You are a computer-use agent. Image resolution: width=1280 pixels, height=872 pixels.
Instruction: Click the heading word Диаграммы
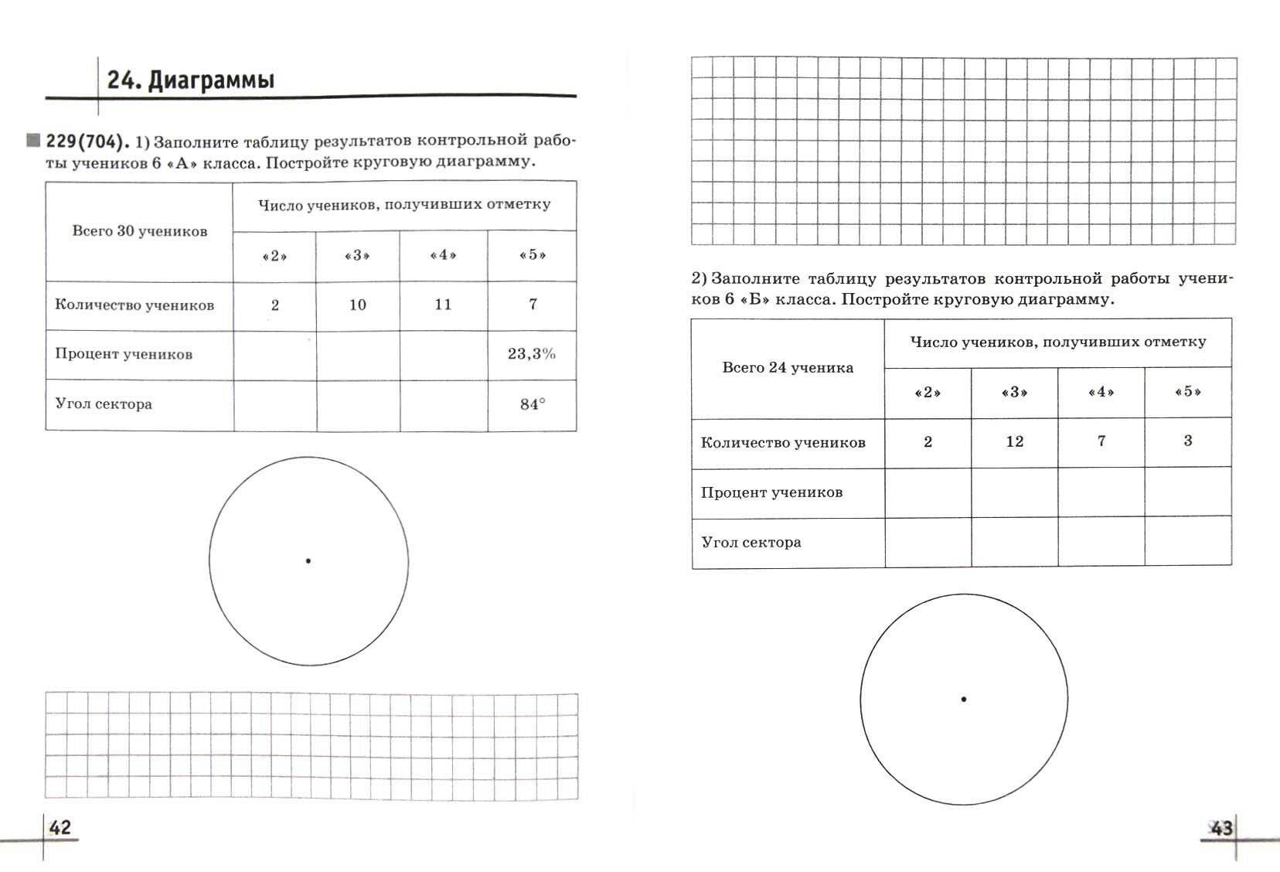[x=211, y=80]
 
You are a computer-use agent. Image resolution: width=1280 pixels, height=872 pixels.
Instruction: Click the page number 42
[x=60, y=828]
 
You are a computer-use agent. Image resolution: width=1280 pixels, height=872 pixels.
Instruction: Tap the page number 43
[x=1221, y=829]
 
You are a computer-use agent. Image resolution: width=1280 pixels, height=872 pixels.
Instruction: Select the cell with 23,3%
[x=532, y=354]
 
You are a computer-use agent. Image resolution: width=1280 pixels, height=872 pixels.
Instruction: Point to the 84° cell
[x=533, y=404]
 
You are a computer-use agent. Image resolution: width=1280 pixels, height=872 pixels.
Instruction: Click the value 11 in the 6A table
[x=443, y=305]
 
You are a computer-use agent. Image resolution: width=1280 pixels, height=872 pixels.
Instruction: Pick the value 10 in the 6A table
[x=357, y=305]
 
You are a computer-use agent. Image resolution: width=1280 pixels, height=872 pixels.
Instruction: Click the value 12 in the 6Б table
[x=1015, y=441]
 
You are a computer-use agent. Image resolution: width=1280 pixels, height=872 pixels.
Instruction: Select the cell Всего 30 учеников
[x=140, y=231]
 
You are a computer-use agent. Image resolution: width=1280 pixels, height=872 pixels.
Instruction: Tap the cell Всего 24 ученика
[x=788, y=368]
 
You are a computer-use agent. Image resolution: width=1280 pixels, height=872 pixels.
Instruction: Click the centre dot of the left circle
[x=308, y=561]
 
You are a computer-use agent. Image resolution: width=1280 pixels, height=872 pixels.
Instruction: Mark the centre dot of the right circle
[x=964, y=700]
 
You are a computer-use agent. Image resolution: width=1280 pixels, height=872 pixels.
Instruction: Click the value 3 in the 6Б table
[x=1188, y=441]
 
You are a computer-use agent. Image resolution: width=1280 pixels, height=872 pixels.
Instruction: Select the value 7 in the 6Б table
[x=1101, y=441]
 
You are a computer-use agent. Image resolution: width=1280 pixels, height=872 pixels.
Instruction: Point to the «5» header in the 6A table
[x=533, y=255]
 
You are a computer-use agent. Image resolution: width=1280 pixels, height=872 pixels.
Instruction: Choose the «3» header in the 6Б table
[x=1015, y=392]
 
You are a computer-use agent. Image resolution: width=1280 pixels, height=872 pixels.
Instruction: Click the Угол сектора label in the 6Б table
[x=751, y=543]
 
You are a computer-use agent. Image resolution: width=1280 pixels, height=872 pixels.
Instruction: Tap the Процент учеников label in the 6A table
[x=124, y=355]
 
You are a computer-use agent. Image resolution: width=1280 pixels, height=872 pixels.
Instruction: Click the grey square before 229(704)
[x=33, y=141]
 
